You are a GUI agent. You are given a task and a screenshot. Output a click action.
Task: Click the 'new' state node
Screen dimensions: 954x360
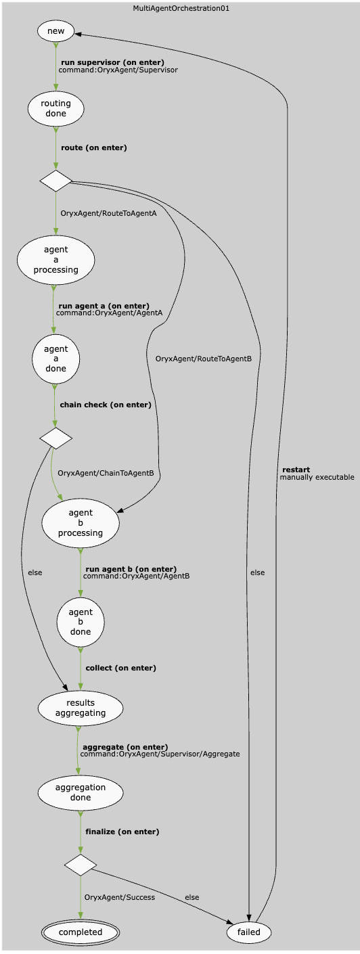(56, 31)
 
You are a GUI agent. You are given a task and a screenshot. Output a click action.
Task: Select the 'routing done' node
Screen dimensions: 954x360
(56, 108)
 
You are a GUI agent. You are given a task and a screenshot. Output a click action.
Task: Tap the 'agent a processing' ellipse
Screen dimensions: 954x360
(56, 260)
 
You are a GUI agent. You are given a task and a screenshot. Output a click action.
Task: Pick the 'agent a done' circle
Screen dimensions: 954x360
(56, 359)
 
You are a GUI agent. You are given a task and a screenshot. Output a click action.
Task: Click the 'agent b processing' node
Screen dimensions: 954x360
(81, 523)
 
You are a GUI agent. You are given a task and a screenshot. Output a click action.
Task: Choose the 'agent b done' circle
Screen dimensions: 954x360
(81, 622)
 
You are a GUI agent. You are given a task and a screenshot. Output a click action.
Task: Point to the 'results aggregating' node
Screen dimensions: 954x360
(81, 708)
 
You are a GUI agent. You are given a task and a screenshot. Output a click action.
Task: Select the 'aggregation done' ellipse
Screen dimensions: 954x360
(81, 792)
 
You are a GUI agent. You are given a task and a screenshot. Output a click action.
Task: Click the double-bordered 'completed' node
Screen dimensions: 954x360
(81, 932)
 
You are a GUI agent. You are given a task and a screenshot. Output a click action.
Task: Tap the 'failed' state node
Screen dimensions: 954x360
(249, 932)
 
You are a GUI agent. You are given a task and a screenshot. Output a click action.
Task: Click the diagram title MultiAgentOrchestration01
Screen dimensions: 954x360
(180, 9)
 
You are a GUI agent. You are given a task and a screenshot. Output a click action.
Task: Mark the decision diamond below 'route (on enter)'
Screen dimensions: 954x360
(56, 181)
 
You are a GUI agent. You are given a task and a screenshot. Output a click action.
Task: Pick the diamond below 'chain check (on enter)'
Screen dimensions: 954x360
(56, 438)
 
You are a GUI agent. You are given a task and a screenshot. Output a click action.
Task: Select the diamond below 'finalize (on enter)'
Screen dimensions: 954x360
(81, 865)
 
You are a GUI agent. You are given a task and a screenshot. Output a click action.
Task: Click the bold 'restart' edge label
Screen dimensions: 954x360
(296, 470)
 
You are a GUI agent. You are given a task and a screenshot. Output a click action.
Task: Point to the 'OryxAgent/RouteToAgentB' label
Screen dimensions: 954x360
(204, 359)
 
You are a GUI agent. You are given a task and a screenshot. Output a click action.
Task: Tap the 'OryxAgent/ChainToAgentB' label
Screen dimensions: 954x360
(106, 473)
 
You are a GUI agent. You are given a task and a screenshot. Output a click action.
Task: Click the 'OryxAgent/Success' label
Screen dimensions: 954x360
(120, 897)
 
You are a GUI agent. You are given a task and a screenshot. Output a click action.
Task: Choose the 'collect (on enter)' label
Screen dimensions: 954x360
(121, 668)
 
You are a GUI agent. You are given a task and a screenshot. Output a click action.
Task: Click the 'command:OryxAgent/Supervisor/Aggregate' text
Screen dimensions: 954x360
(160, 754)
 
